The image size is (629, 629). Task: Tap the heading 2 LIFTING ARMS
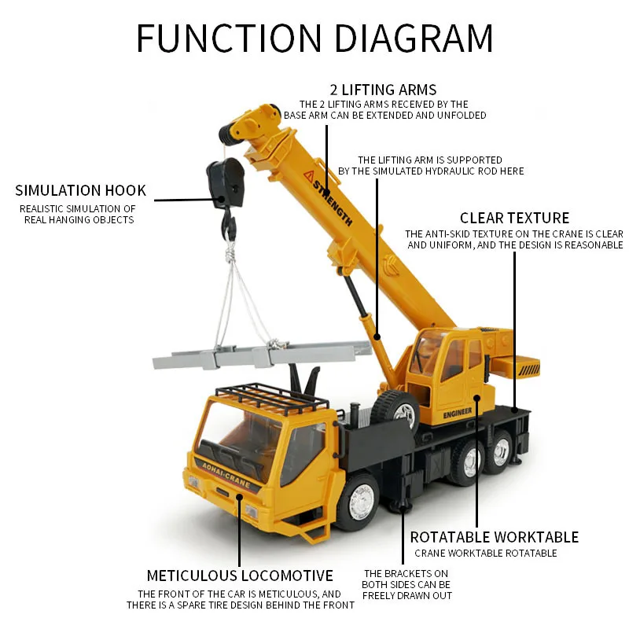click(x=383, y=90)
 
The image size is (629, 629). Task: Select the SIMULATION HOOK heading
click(x=80, y=190)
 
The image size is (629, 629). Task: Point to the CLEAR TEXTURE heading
click(x=514, y=218)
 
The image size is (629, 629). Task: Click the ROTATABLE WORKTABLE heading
click(x=494, y=537)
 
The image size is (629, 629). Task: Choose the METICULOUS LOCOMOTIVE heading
click(x=240, y=576)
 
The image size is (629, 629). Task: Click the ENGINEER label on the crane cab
click(x=457, y=412)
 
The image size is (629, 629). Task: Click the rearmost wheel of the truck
click(x=501, y=454)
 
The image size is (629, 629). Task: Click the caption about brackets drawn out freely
click(x=406, y=584)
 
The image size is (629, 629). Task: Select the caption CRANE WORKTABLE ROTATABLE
click(x=486, y=554)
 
